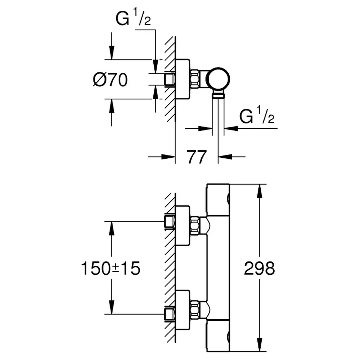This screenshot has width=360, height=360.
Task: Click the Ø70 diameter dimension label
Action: (x=110, y=80)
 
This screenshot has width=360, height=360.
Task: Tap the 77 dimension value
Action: (x=197, y=157)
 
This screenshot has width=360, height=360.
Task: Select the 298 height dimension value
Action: (x=260, y=268)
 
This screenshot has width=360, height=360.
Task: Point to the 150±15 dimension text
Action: (x=111, y=268)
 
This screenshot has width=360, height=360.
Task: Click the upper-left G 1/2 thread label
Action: (x=133, y=18)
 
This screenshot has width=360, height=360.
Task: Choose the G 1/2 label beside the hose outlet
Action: (x=257, y=116)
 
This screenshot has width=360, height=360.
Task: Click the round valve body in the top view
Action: (x=219, y=79)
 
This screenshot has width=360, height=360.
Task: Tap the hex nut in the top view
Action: (x=195, y=79)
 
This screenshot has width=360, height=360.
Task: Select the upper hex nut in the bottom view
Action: (x=195, y=225)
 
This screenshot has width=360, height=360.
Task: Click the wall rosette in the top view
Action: (x=183, y=79)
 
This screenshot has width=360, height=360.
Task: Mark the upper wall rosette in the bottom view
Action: (x=183, y=226)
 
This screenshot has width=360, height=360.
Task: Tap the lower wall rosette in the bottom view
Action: (x=183, y=310)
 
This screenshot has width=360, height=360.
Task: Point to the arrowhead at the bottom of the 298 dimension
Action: (x=260, y=345)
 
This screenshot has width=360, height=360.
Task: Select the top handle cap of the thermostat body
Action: (x=218, y=199)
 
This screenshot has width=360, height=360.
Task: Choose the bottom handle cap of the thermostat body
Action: (x=218, y=336)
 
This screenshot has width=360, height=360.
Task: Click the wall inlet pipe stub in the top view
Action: (x=170, y=79)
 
